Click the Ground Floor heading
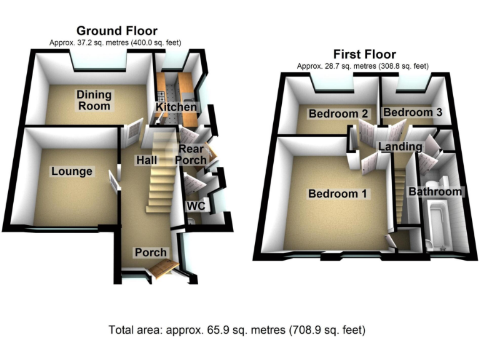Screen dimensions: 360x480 (x=116, y=31)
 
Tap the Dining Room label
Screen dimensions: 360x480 (x=94, y=100)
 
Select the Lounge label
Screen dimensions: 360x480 (x=72, y=171)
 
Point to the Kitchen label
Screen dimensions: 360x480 (x=176, y=108)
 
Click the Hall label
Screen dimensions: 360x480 (x=146, y=161)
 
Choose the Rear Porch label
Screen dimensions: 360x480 (x=192, y=155)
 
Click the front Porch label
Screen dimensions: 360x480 (x=151, y=252)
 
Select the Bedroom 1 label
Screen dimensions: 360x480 (x=337, y=194)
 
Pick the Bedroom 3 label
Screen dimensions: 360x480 (x=408, y=112)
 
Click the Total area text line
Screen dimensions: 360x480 (x=237, y=329)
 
